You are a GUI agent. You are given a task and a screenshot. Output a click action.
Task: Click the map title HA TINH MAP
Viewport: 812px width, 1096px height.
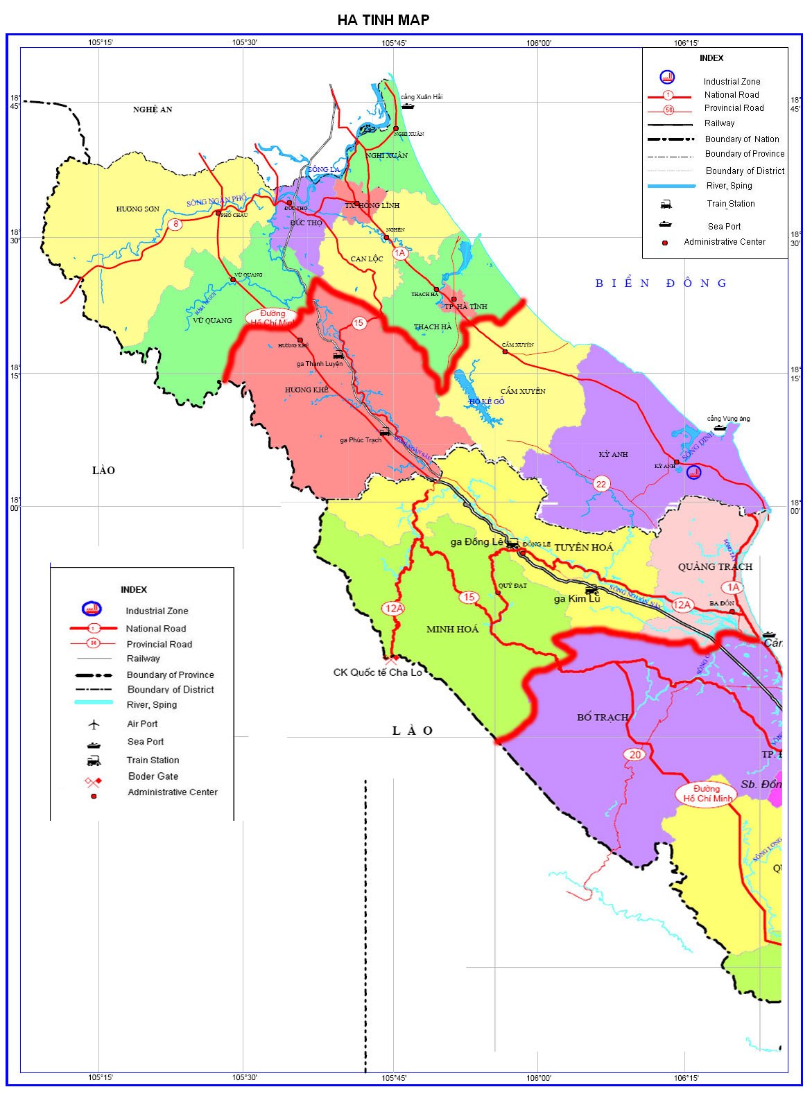tap(383, 19)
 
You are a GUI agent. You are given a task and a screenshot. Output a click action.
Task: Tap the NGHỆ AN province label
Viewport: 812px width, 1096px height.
tap(153, 110)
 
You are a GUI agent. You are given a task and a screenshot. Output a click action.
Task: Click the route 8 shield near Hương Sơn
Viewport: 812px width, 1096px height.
tap(175, 224)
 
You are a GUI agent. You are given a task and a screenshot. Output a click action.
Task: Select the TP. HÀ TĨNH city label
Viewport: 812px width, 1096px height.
tap(466, 306)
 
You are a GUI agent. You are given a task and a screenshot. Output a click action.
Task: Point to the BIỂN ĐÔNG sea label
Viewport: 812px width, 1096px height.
tap(661, 283)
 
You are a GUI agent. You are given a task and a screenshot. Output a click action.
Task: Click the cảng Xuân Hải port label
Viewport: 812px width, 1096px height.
tap(422, 97)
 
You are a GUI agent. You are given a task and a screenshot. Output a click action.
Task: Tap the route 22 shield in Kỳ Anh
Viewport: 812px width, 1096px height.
tap(601, 484)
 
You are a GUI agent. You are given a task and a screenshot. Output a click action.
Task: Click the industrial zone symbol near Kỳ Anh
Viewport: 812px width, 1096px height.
tap(693, 473)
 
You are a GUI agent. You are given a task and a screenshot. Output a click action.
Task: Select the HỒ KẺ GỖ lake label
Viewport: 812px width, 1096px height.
tap(487, 402)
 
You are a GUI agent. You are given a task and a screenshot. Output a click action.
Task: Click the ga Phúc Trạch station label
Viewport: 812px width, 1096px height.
tap(361, 440)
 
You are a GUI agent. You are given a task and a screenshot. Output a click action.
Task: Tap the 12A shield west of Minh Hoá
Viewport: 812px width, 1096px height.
tap(393, 609)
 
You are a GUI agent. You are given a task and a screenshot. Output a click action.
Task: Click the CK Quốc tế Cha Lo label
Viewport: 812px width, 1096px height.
tap(377, 672)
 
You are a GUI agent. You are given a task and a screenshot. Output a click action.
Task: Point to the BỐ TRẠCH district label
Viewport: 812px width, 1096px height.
tap(603, 717)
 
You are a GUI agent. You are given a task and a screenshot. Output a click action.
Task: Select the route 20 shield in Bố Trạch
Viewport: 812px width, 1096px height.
tap(634, 755)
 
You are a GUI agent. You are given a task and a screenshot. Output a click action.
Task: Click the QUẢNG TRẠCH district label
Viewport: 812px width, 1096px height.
tap(715, 566)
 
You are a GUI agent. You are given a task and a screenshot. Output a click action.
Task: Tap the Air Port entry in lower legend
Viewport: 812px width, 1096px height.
tap(142, 724)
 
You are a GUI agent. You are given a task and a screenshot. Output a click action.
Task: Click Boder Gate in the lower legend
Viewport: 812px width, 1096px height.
tap(153, 776)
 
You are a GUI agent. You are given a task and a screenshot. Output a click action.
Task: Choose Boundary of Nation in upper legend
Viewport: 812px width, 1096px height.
tap(741, 139)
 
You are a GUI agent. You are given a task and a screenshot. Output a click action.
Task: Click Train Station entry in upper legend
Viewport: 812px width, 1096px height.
tap(730, 204)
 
